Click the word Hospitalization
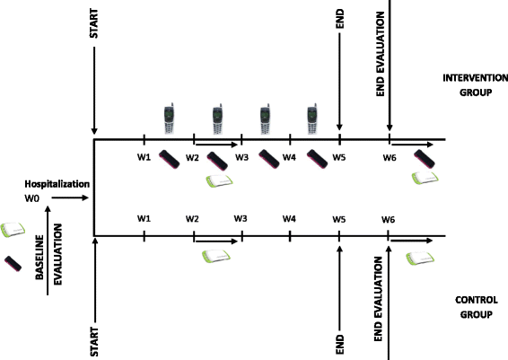click(x=57, y=184)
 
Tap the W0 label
click(x=32, y=198)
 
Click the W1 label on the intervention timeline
click(x=143, y=157)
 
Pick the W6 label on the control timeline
click(x=388, y=219)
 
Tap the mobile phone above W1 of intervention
click(x=168, y=118)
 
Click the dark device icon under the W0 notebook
click(x=13, y=264)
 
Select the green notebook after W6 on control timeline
click(x=420, y=258)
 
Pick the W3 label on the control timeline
click(x=241, y=219)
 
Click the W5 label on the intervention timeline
click(x=338, y=157)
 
